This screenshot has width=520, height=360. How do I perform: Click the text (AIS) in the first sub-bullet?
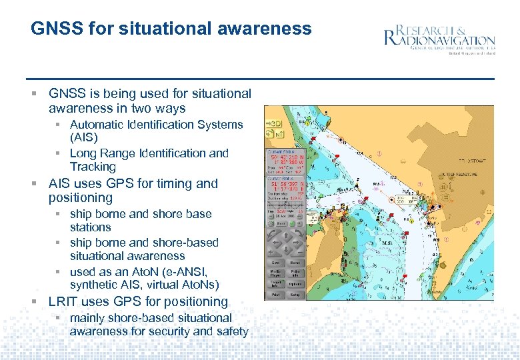(84, 138)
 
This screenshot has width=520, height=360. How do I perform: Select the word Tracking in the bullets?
(93, 167)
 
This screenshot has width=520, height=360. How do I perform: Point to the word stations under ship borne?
(91, 227)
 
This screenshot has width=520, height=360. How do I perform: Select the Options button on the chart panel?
(294, 283)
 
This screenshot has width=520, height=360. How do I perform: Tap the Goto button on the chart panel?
(275, 263)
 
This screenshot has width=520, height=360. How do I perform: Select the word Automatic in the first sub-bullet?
(99, 125)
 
